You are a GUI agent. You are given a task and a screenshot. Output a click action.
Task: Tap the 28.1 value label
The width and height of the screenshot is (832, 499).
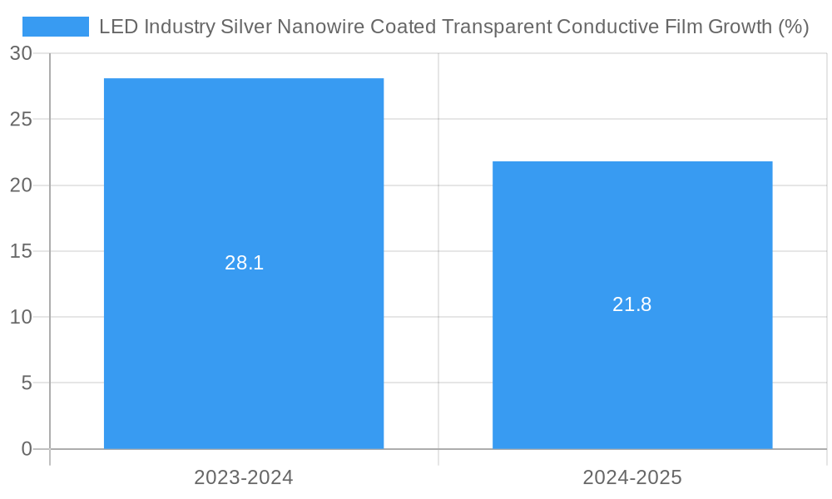(244, 263)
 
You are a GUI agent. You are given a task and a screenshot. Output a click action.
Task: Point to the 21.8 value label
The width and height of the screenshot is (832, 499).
(632, 304)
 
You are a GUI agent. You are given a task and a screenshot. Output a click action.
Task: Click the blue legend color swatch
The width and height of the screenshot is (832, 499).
(55, 27)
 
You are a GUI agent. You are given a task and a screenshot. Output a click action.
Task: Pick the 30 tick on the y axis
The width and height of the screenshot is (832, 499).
(22, 53)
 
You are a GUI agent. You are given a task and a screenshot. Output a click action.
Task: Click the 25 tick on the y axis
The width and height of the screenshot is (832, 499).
(22, 119)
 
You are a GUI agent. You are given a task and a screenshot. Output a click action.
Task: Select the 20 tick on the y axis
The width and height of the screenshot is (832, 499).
(22, 185)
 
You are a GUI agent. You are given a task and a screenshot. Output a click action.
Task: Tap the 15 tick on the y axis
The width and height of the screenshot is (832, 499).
(22, 251)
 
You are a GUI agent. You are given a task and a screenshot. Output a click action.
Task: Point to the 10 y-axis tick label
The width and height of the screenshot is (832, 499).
(22, 317)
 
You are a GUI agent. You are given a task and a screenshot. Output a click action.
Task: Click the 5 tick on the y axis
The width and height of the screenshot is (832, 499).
(27, 383)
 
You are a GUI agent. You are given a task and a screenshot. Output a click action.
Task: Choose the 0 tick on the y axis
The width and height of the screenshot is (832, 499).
(27, 449)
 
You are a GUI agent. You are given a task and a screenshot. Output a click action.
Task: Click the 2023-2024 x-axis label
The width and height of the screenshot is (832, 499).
(244, 477)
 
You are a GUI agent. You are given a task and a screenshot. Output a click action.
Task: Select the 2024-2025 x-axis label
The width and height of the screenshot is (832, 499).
(632, 477)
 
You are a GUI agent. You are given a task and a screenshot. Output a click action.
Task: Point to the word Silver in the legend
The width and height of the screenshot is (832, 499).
(245, 27)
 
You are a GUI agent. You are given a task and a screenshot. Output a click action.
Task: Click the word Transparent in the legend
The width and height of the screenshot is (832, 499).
(496, 27)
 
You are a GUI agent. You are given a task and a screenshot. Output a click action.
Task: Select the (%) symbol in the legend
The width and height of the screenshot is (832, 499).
(793, 27)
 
